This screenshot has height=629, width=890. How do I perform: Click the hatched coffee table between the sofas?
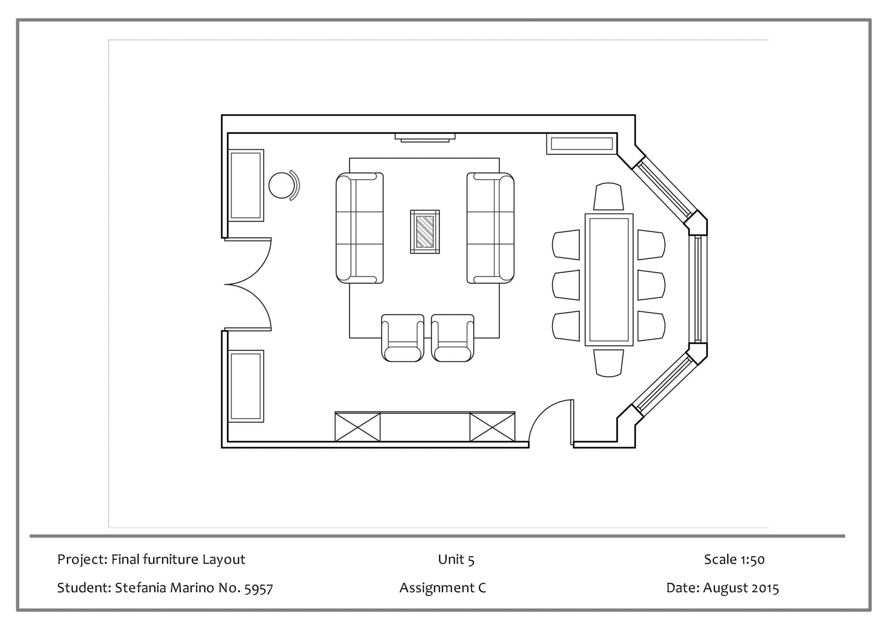[425, 232]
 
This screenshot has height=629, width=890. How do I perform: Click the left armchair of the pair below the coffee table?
[402, 338]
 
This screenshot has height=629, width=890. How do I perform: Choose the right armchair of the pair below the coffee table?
[452, 338]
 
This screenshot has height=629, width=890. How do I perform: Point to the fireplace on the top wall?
[425, 138]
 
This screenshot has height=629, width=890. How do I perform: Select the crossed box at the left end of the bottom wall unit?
[357, 427]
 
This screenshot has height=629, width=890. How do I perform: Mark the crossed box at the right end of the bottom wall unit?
[492, 427]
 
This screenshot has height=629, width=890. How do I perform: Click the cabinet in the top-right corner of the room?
[581, 144]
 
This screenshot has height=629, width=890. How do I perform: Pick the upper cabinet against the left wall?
[246, 185]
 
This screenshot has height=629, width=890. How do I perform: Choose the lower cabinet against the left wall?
[246, 386]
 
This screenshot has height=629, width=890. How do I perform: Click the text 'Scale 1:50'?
[734, 559]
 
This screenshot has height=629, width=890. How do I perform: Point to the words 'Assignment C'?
[443, 588]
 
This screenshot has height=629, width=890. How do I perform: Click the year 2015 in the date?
[765, 588]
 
